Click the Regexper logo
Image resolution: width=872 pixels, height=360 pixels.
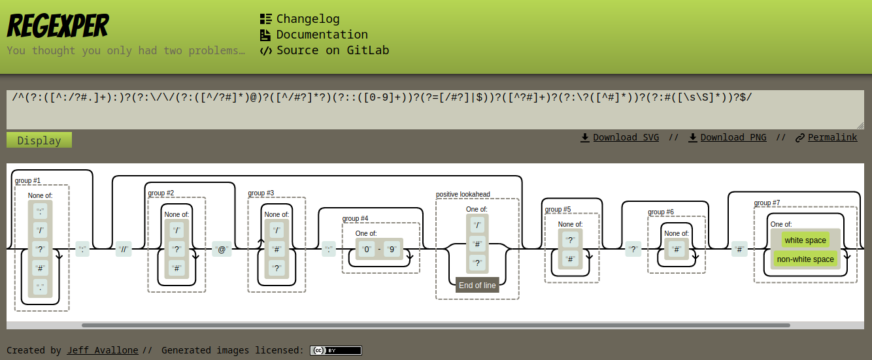point(58,26)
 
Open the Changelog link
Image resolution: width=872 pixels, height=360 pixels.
point(307,19)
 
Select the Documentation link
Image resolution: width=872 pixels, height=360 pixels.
point(322,35)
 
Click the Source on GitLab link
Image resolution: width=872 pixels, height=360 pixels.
point(332,50)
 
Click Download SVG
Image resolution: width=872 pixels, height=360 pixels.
point(626,137)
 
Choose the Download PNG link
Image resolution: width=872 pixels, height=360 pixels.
point(733,137)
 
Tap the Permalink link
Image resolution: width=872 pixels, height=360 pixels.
point(832,137)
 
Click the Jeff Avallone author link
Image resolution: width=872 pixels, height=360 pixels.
point(103,350)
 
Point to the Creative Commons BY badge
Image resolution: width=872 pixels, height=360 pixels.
point(335,350)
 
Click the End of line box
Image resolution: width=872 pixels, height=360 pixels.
point(477,285)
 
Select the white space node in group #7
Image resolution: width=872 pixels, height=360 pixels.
point(805,240)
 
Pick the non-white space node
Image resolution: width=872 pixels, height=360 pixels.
point(805,259)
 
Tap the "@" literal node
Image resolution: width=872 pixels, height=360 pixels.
point(222,250)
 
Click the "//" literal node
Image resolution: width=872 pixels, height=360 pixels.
point(124,250)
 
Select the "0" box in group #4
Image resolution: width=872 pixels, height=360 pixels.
point(367,249)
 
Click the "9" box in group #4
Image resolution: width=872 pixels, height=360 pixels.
point(392,249)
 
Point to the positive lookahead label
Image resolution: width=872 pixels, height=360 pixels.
point(463,194)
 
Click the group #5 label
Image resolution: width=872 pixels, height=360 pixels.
point(558,209)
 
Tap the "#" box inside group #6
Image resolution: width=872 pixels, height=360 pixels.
point(677,249)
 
